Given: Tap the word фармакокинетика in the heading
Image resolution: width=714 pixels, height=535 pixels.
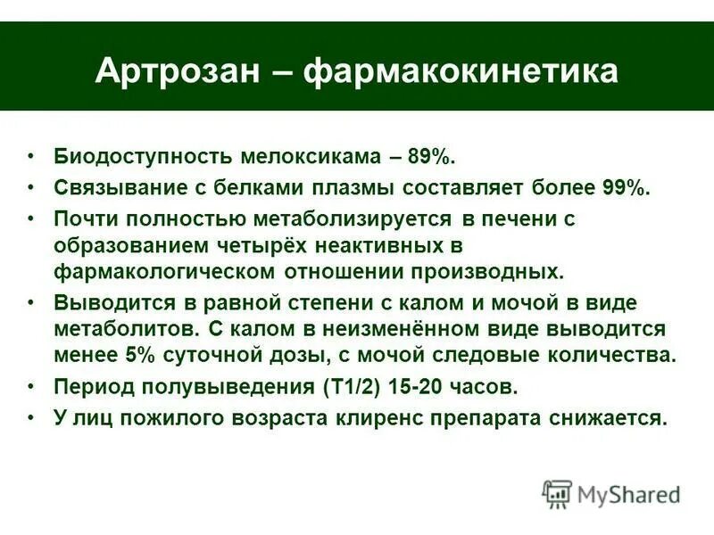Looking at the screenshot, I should (461, 71).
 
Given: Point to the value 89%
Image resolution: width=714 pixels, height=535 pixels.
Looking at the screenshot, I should (432, 158).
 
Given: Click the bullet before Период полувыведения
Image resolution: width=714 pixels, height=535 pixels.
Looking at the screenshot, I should (31, 387).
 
